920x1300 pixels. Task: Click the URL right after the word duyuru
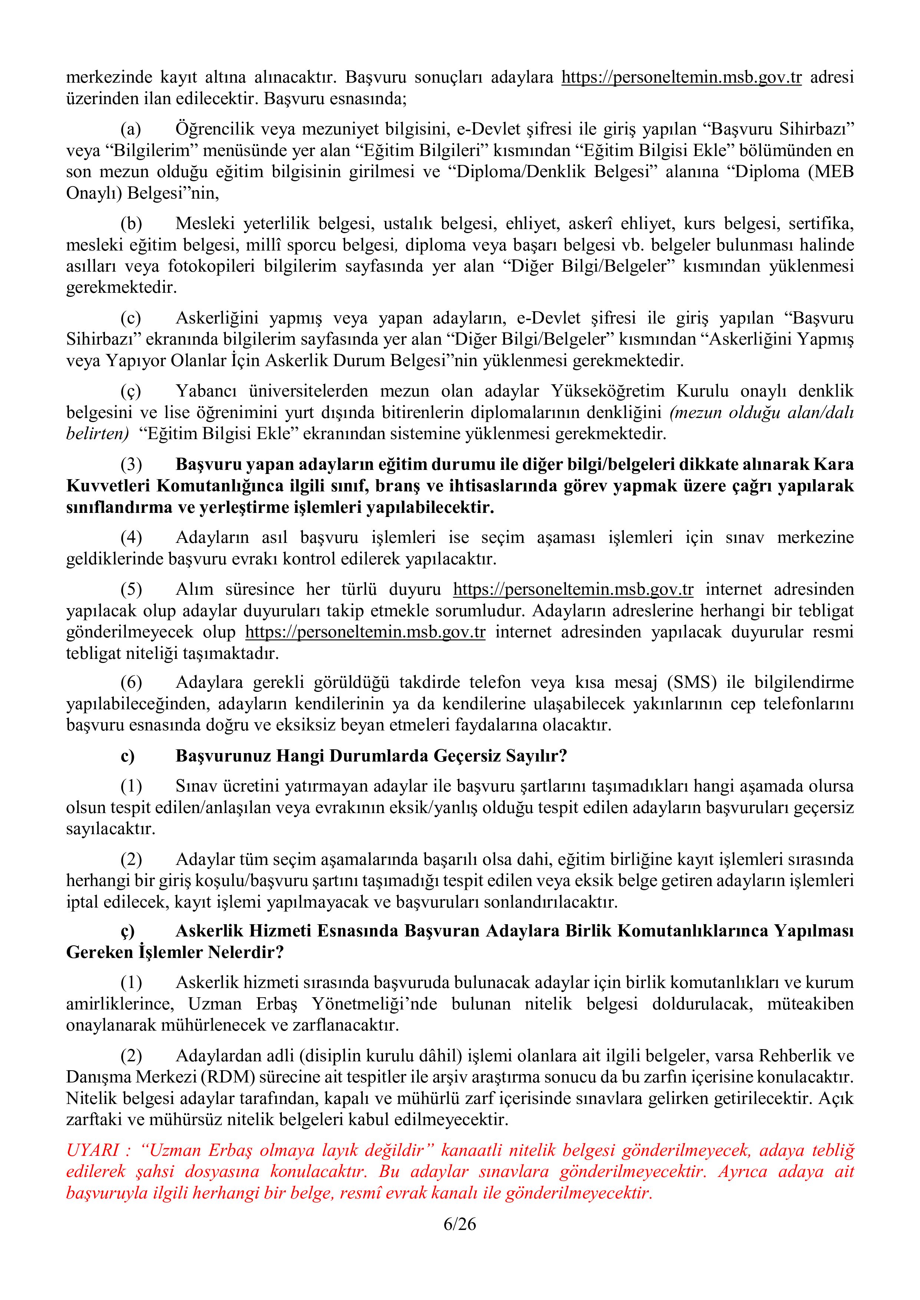573,590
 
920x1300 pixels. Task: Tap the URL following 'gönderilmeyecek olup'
365,632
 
